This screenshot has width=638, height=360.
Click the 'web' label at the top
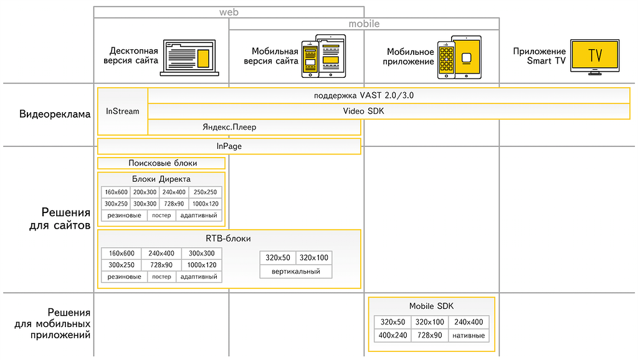click(x=229, y=12)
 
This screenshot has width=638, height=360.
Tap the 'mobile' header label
click(x=364, y=24)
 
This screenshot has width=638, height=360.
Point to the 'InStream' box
click(x=123, y=111)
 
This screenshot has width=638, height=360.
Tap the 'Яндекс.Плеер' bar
click(x=229, y=127)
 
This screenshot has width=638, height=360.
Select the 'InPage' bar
click(x=229, y=146)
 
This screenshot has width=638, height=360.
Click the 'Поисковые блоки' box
click(x=162, y=163)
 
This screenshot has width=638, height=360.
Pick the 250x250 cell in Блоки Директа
click(x=205, y=192)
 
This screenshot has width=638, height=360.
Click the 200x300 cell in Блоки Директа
click(x=145, y=192)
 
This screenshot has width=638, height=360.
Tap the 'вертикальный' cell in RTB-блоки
click(x=296, y=272)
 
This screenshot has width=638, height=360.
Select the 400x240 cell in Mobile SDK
click(x=393, y=335)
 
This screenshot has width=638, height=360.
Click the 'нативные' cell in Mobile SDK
click(x=469, y=335)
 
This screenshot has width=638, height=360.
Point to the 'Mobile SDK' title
click(x=431, y=306)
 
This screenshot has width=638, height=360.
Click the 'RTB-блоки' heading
click(x=228, y=239)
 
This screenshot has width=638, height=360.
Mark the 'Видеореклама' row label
click(x=55, y=114)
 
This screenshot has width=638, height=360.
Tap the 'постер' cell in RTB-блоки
click(x=161, y=277)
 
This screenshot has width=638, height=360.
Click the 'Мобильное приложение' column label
click(x=410, y=57)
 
